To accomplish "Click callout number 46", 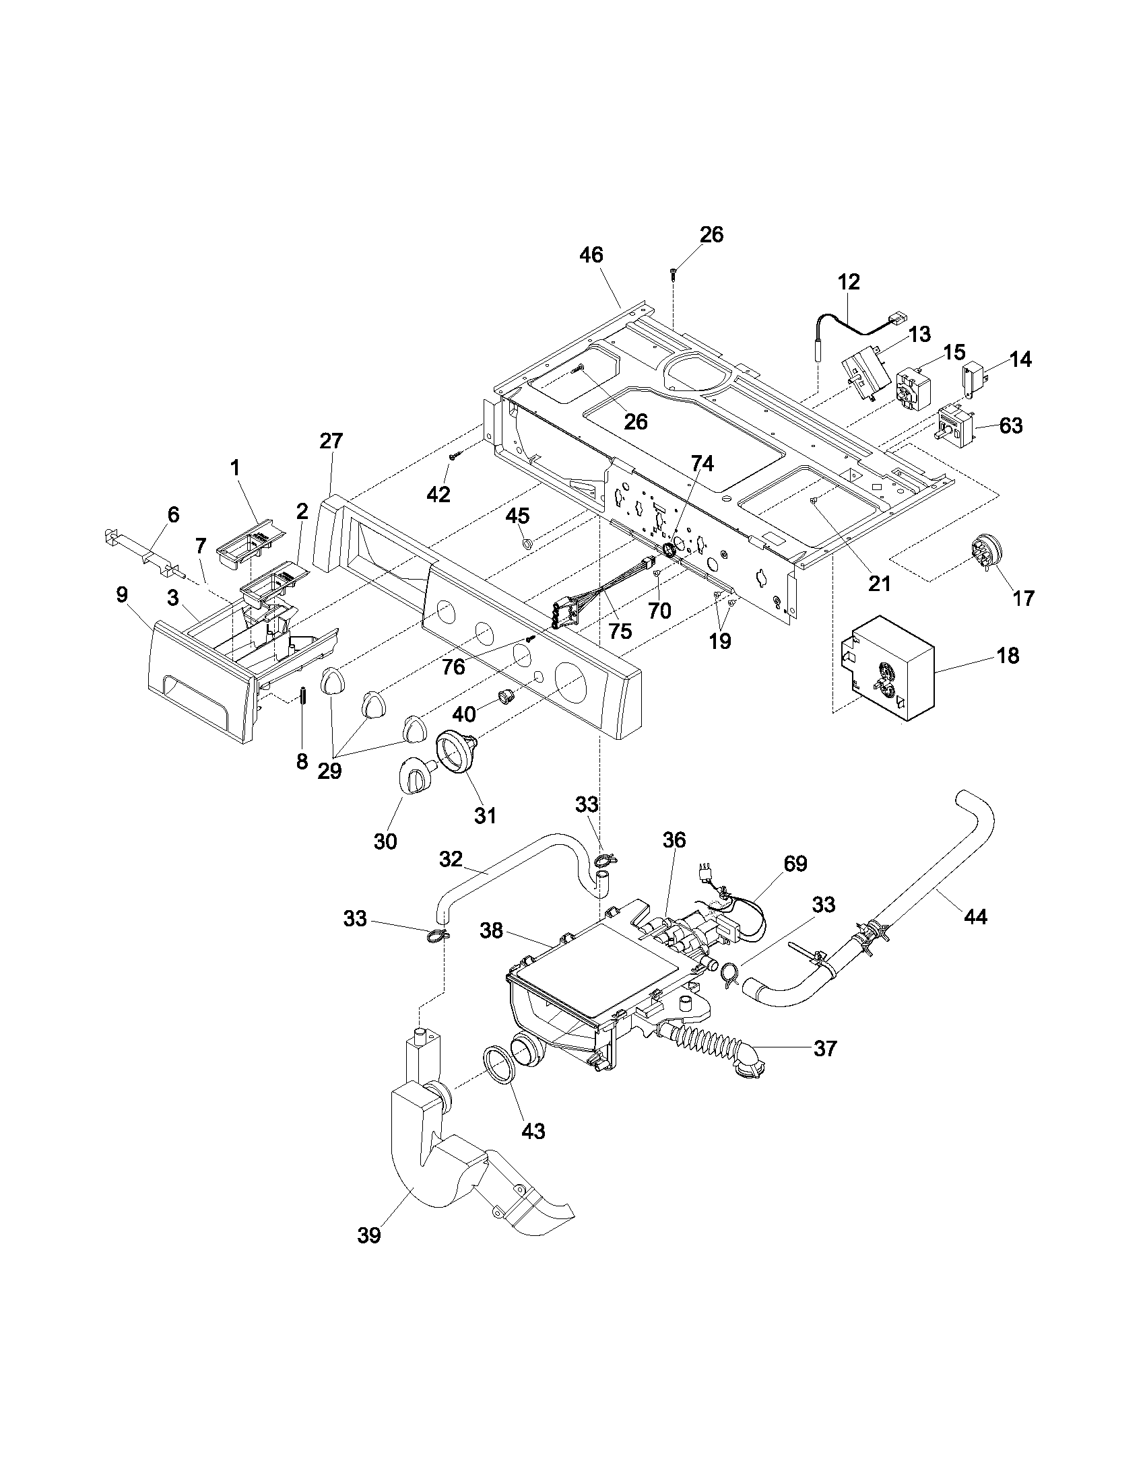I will click(x=591, y=256).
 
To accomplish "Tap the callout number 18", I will click(x=1009, y=656).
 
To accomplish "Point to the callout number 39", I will click(x=368, y=1235).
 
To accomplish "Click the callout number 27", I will click(x=331, y=441).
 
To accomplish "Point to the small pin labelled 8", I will click(x=304, y=696).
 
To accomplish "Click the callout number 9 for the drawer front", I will click(x=121, y=594).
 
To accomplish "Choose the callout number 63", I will click(x=1011, y=426).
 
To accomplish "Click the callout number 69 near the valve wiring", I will click(x=795, y=864).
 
